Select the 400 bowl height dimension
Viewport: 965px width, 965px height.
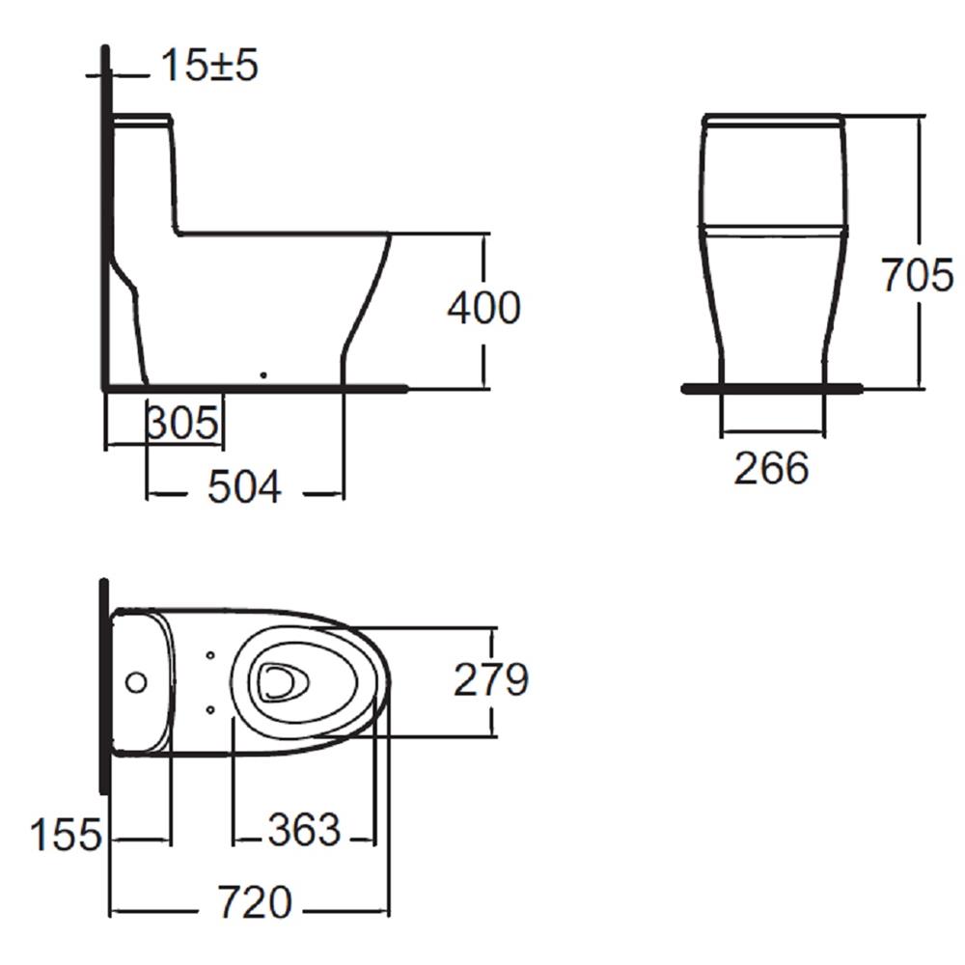point(483,308)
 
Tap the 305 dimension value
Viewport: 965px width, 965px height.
point(183,423)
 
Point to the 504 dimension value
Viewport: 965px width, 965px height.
point(245,488)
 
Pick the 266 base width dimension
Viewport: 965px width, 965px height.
point(771,468)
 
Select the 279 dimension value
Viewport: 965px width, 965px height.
point(491,680)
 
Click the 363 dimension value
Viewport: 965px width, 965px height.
point(304,830)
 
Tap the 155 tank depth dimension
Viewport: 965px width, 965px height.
point(66,835)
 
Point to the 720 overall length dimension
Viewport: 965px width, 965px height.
point(254,903)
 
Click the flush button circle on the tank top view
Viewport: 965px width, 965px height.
point(136,682)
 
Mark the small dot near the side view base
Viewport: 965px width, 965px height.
point(262,373)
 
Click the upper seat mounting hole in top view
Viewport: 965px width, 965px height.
point(211,655)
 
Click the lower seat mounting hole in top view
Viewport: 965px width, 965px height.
point(211,710)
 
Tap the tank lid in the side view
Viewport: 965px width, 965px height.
point(144,121)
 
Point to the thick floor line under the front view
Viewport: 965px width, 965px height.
point(772,389)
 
